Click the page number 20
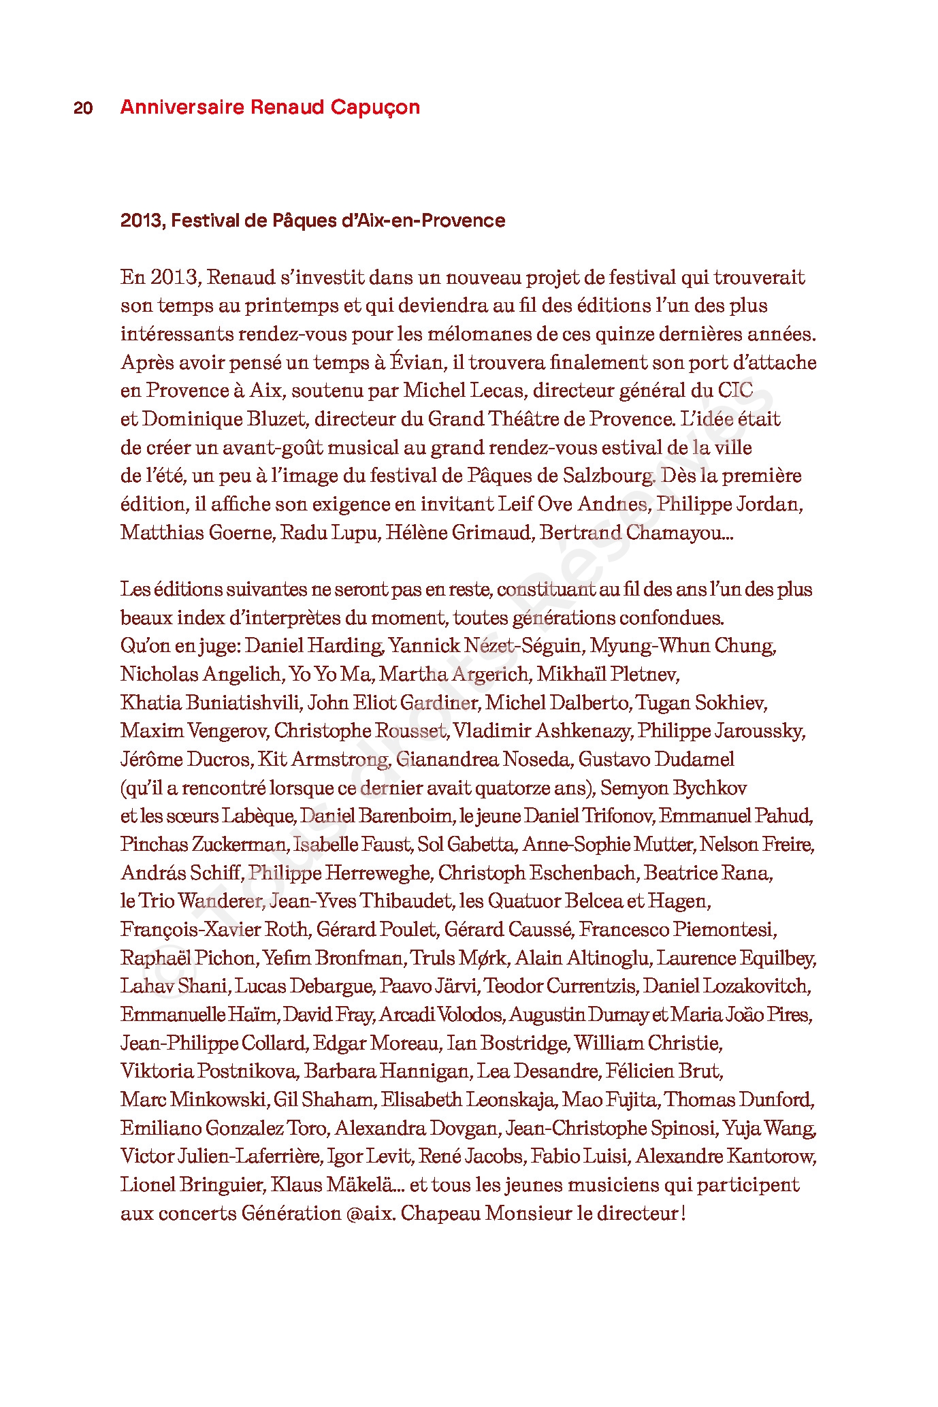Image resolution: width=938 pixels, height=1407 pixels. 83,108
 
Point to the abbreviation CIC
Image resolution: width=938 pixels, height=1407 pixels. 735,391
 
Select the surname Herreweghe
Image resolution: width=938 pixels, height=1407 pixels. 377,873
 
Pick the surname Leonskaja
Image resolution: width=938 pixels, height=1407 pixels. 511,1100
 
